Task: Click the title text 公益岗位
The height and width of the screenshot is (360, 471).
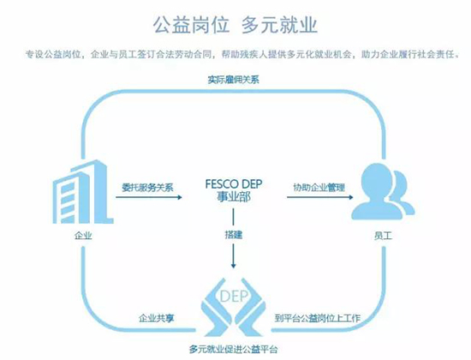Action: [191, 25]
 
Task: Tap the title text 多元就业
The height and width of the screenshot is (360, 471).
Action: [279, 25]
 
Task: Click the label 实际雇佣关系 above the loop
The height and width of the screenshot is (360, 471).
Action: [234, 80]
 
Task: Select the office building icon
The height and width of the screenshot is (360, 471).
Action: [83, 192]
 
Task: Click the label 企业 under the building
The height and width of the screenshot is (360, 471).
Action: [83, 235]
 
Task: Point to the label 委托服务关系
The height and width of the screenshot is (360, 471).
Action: [147, 188]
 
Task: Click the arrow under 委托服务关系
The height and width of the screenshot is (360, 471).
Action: [149, 197]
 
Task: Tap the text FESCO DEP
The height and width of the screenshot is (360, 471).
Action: [234, 183]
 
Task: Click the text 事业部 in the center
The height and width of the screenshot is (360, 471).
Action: [234, 197]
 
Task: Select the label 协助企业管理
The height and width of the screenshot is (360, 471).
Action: [319, 188]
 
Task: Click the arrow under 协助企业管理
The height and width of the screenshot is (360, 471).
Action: [320, 197]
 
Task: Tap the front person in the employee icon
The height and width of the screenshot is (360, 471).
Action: [376, 191]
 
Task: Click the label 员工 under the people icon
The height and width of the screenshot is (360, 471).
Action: [383, 236]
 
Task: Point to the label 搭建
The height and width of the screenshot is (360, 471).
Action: [234, 235]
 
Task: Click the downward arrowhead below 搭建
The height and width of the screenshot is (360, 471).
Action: [234, 265]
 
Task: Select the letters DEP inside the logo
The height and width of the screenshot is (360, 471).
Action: [234, 297]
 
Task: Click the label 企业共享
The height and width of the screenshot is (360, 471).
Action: [156, 318]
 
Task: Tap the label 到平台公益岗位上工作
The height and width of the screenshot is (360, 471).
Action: [318, 318]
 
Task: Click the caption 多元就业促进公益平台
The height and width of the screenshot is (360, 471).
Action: [234, 349]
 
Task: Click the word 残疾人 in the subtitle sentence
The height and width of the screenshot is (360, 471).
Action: [253, 55]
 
